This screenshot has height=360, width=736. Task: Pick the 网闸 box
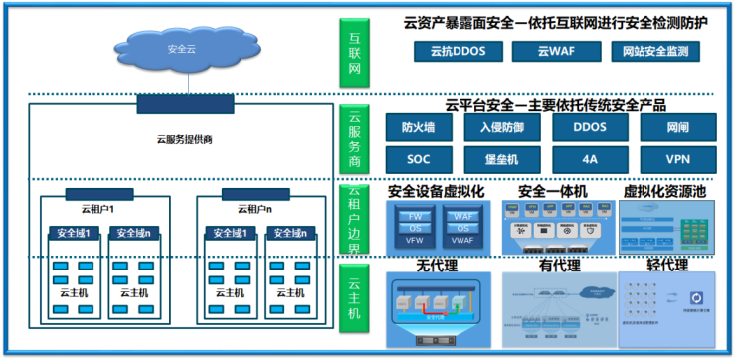[x=678, y=127]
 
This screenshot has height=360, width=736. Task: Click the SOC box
[x=418, y=158]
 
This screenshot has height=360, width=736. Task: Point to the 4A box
[x=590, y=158]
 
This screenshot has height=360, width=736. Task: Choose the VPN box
[x=678, y=158]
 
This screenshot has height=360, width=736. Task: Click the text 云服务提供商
[x=185, y=139]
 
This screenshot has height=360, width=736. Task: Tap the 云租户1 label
[x=98, y=210]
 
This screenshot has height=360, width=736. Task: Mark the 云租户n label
[x=255, y=210]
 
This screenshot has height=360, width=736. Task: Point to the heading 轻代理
[x=667, y=265]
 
